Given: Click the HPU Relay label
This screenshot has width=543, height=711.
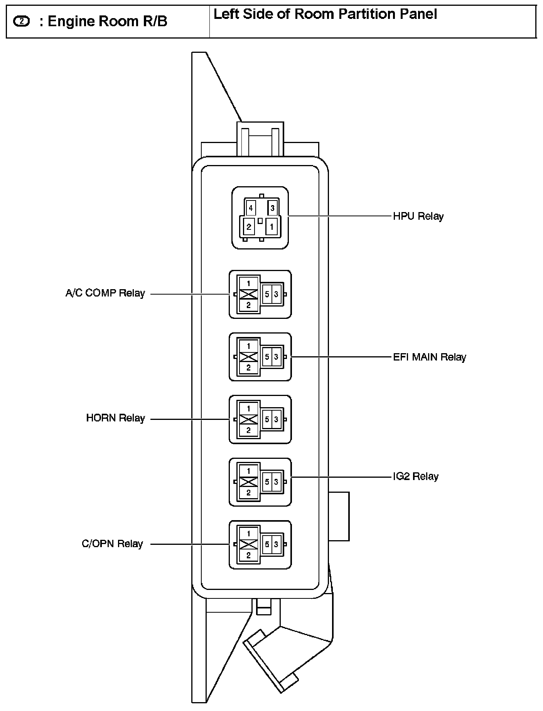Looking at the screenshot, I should click(x=418, y=216).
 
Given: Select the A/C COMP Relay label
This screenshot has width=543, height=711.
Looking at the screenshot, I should click(x=105, y=293).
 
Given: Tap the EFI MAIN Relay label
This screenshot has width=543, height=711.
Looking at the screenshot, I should click(x=429, y=357).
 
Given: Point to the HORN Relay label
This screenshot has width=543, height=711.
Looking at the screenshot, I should click(x=115, y=418).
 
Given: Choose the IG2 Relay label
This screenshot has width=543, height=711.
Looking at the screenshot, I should click(x=415, y=477).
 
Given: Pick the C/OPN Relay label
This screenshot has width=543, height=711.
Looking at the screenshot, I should click(x=112, y=544).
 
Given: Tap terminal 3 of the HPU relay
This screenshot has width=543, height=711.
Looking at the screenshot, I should click(x=273, y=209).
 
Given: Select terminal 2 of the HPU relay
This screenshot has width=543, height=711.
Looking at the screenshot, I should click(x=249, y=227).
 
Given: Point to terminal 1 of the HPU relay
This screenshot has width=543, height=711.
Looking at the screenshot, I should click(x=271, y=227).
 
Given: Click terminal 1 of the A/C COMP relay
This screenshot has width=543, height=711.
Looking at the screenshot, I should click(x=249, y=283).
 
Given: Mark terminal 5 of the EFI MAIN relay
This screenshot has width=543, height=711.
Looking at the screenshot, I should click(x=267, y=357).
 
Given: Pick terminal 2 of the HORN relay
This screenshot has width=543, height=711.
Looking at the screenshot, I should click(x=249, y=430).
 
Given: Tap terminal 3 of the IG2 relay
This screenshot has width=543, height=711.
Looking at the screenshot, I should click(x=276, y=482).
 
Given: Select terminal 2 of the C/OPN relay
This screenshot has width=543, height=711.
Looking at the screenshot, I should click(x=249, y=556).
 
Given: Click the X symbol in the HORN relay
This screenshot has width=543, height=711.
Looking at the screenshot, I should click(x=249, y=420).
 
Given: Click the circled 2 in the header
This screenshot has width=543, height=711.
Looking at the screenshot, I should click(x=21, y=22).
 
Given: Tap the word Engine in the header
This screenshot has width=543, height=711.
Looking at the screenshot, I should click(x=69, y=22).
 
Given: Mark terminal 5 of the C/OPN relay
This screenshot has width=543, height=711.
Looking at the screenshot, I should click(x=267, y=544).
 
